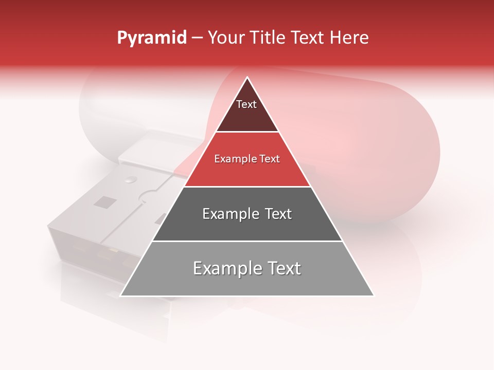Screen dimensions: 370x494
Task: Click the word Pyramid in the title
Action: coord(151,38)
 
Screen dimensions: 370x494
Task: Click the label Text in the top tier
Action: coord(246,105)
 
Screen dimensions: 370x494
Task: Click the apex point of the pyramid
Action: coord(247,78)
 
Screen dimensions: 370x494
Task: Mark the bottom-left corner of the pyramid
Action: coord(121,295)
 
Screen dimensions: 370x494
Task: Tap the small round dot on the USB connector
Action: coord(131,179)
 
